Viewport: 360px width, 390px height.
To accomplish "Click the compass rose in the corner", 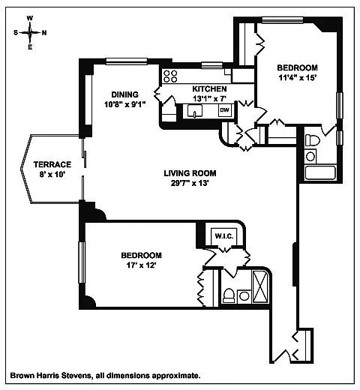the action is pos(30,32).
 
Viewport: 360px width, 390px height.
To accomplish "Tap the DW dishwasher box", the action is pos(225,110).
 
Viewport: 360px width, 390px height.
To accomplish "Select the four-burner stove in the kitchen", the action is pos(170,76).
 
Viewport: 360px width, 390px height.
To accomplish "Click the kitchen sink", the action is pos(195,111).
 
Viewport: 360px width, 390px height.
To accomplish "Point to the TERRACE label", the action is pos(52,164).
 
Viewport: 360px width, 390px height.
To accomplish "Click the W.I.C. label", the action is pos(224,236).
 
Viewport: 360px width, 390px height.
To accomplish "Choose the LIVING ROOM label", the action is pos(190,173).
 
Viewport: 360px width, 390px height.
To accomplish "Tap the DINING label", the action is pos(124,94).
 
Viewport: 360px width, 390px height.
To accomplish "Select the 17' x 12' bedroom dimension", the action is pos(141,265).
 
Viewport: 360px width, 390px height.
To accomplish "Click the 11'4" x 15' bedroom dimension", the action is pos(298,77).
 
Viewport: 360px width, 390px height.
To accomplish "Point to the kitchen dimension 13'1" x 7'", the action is pos(209,98).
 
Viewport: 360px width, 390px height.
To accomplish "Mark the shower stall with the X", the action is pos(260,286).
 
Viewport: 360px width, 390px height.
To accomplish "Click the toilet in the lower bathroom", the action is pos(229,295).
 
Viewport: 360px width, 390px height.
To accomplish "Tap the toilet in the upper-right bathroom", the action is pos(313,140).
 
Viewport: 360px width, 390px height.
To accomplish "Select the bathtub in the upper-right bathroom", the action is pos(320,172).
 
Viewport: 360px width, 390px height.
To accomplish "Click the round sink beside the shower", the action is pos(244,296).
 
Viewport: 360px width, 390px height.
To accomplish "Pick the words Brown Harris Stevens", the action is pos(50,375).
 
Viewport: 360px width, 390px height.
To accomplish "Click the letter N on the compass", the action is pos(44,33).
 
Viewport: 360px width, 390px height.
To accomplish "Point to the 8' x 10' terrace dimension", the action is pos(52,174).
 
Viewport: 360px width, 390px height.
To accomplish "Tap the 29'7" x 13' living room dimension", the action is pos(190,183).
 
